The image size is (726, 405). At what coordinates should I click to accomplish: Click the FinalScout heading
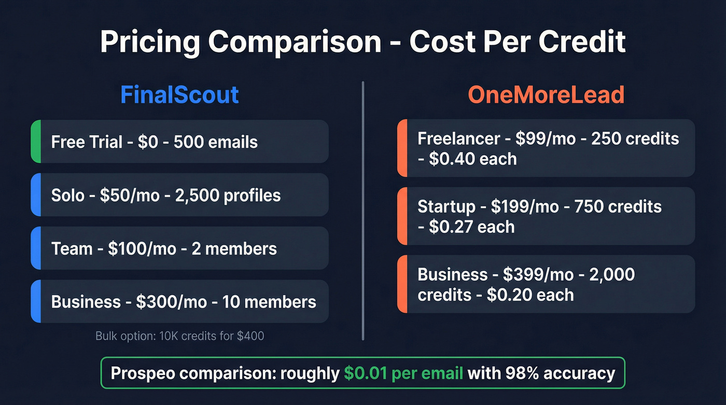[x=179, y=95]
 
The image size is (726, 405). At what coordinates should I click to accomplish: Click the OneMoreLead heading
[x=546, y=95]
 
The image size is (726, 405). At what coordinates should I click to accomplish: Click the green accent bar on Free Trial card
[x=35, y=142]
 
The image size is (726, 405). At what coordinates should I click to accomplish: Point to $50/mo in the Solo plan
[x=119, y=195]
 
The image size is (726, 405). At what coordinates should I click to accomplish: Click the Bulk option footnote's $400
[x=250, y=336]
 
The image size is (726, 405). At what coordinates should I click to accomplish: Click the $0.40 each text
[x=472, y=159]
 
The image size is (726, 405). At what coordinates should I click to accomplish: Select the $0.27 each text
[x=471, y=227]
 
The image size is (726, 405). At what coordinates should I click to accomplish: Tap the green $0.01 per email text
[x=403, y=373]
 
